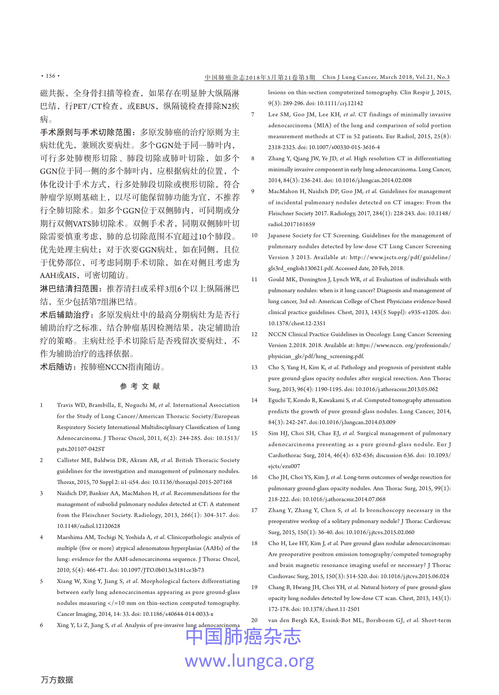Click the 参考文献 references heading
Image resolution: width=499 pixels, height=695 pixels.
coord(140,386)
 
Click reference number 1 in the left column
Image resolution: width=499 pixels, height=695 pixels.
coord(41,405)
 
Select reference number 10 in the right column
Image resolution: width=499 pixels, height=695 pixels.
coord(254,235)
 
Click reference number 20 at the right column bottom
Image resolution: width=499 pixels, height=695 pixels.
coord(254,620)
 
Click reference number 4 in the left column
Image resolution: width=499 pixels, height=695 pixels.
coord(41,537)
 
